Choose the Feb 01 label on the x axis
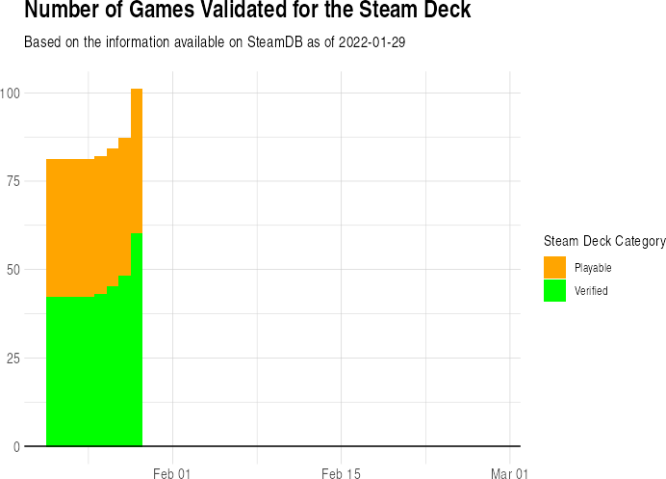(173, 473)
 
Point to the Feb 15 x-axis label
(341, 473)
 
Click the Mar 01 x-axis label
(509, 473)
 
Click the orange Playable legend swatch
(555, 267)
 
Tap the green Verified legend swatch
(555, 290)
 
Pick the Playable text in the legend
(593, 267)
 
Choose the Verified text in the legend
(591, 290)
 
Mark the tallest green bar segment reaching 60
(137, 337)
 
